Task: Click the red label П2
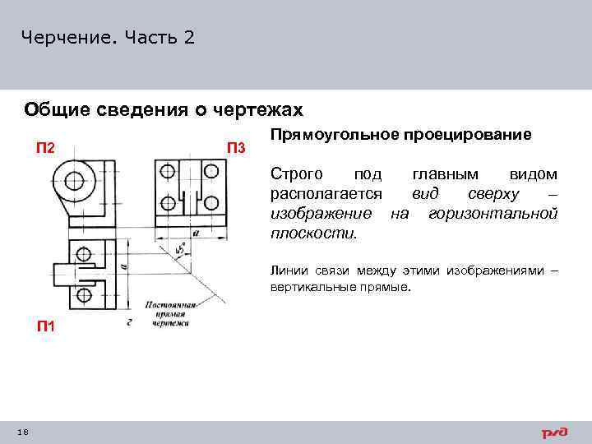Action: pyautogui.click(x=45, y=148)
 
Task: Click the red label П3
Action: pyautogui.click(x=235, y=148)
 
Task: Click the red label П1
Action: pyautogui.click(x=45, y=326)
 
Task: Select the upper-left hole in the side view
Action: pyautogui.click(x=169, y=172)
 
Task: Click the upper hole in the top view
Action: pyautogui.click(x=82, y=254)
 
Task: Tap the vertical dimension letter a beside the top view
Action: pyautogui.click(x=122, y=266)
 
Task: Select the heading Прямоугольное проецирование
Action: pyautogui.click(x=400, y=134)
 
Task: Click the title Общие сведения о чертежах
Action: pyautogui.click(x=164, y=109)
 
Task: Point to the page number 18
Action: pyautogui.click(x=23, y=432)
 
